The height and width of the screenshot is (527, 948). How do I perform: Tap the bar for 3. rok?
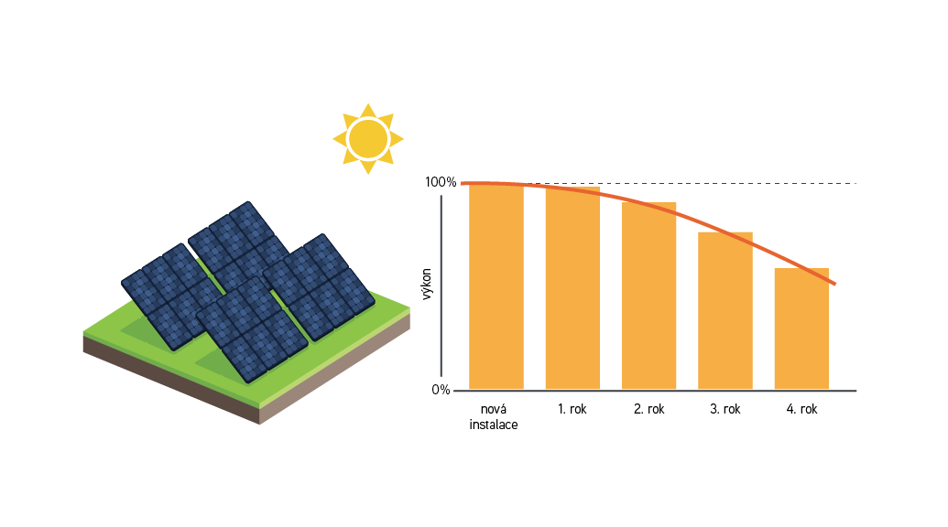click(x=725, y=311)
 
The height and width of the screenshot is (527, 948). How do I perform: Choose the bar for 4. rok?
click(x=801, y=329)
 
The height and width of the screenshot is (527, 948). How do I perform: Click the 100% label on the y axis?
click(x=441, y=182)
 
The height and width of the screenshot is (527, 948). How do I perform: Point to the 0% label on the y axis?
click(x=441, y=390)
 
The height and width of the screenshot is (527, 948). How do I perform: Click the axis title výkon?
click(x=427, y=285)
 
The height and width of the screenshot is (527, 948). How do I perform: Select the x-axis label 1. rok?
click(x=572, y=409)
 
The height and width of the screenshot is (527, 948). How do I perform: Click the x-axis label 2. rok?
click(x=648, y=409)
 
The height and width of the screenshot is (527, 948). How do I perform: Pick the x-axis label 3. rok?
click(x=725, y=409)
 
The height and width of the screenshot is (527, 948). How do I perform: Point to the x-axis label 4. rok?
click(x=801, y=409)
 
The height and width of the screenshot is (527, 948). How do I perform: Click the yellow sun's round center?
click(x=367, y=138)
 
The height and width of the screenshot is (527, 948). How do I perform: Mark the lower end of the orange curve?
click(x=834, y=284)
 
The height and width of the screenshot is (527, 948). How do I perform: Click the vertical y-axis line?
click(x=441, y=293)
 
